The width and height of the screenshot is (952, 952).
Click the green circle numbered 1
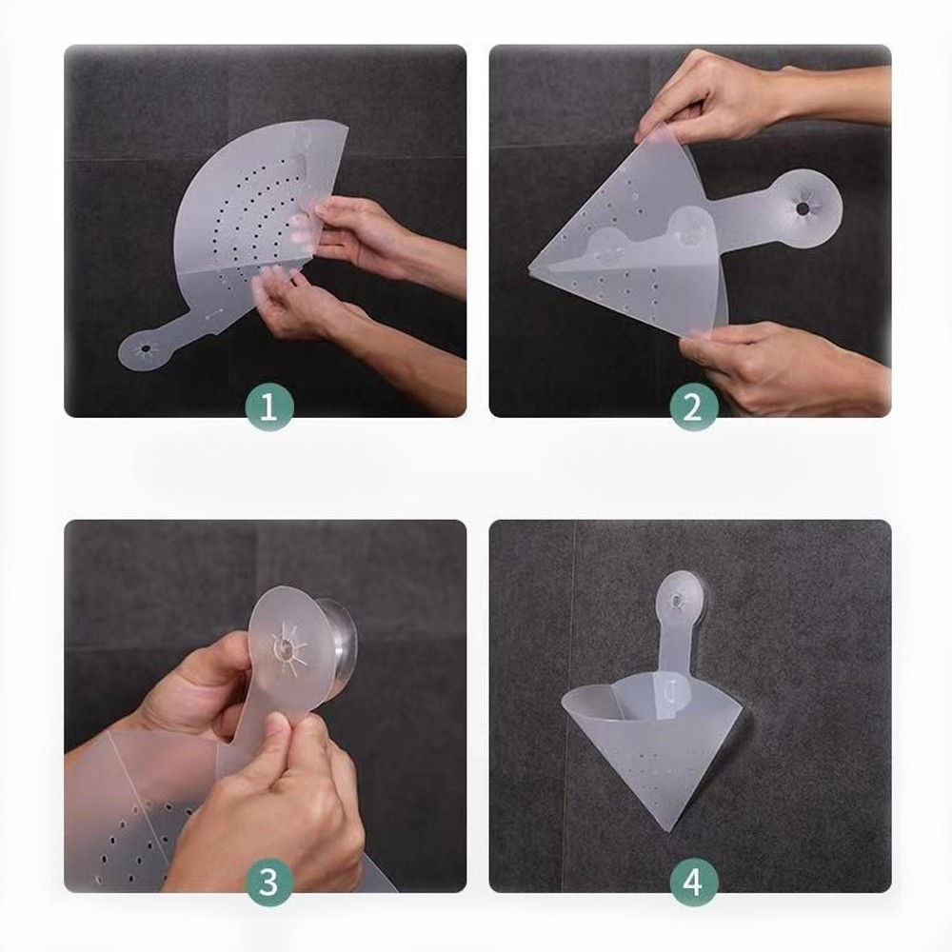(269, 407)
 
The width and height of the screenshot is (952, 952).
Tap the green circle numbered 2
(693, 407)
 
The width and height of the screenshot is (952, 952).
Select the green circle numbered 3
(269, 883)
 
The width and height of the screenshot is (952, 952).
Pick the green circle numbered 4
(693, 883)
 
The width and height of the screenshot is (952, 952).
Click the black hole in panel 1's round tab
(147, 349)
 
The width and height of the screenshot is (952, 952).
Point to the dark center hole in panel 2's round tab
(803, 208)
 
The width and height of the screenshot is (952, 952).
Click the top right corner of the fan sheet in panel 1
(347, 126)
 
